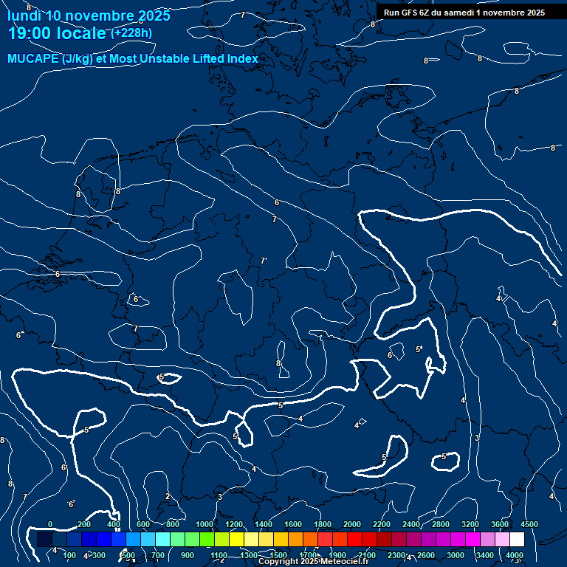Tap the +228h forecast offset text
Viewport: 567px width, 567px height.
132,32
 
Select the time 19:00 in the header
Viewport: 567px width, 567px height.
30,32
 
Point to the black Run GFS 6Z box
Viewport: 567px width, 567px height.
464,13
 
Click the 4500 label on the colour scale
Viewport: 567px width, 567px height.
529,524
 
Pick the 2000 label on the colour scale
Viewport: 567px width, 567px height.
352,524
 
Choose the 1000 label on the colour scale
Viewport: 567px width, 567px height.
205,524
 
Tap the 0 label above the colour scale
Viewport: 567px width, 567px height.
50,524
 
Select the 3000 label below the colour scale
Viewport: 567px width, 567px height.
456,555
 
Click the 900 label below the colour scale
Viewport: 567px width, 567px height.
188,555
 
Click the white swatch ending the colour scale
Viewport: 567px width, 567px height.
517,540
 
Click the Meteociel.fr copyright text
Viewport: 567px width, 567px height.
313,562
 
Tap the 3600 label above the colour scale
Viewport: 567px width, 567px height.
500,524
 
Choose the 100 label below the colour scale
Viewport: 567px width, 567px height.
70,555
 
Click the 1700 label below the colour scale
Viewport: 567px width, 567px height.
308,555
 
